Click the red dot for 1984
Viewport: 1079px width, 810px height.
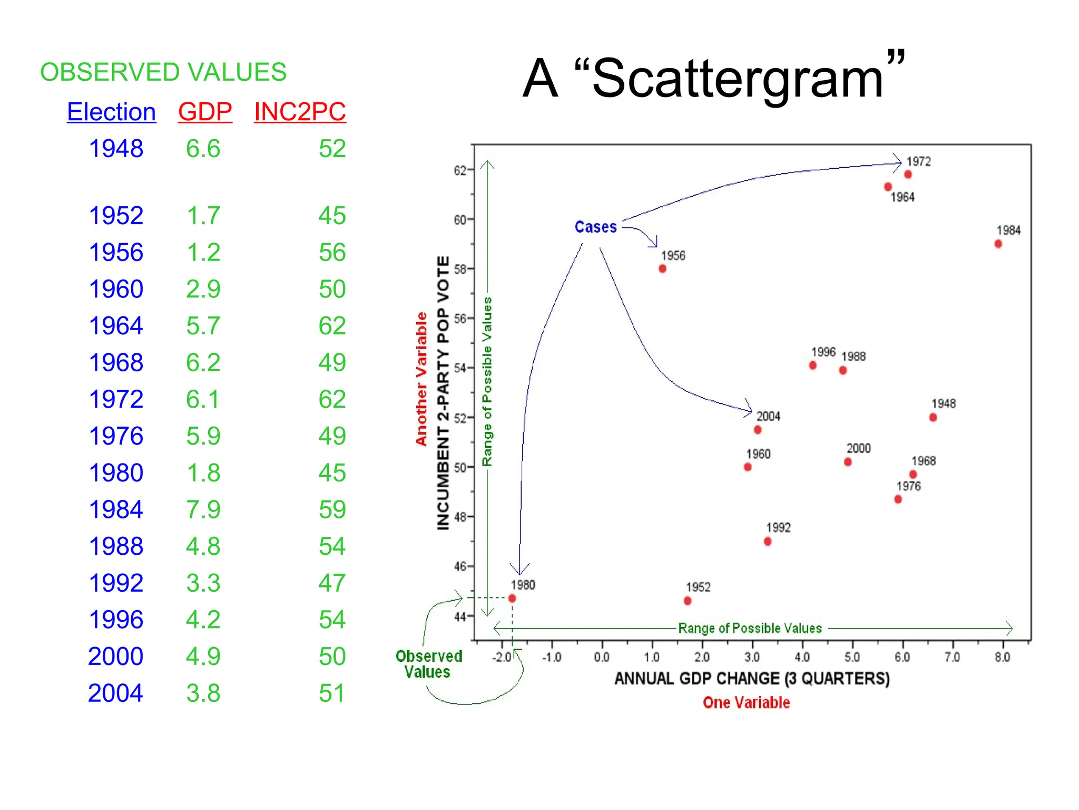tap(998, 244)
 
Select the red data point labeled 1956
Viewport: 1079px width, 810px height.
tap(662, 268)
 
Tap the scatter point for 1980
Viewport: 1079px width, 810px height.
tap(512, 598)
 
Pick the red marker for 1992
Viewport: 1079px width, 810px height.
tap(767, 541)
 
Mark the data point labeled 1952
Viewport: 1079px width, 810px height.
tap(687, 601)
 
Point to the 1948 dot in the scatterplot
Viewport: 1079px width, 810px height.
tap(933, 417)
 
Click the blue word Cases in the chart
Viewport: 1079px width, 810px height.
tap(595, 227)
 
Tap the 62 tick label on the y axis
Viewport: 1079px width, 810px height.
tap(459, 170)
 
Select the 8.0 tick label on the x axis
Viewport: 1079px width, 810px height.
tap(1002, 657)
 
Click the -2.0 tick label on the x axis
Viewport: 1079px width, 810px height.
tap(501, 657)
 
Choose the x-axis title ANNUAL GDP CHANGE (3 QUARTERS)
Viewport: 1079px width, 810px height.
tap(752, 678)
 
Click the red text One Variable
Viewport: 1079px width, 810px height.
tap(746, 702)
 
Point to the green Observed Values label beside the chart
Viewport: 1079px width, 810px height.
tap(428, 664)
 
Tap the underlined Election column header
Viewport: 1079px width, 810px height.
tap(111, 112)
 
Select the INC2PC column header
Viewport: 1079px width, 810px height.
tap(300, 112)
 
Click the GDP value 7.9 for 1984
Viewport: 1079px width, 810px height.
tap(203, 509)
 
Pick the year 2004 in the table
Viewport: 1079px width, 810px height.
tap(115, 693)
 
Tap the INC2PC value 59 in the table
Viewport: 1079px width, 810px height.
tap(332, 509)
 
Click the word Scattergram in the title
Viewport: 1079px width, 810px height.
tap(738, 79)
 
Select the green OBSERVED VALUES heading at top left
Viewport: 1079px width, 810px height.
tap(163, 72)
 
